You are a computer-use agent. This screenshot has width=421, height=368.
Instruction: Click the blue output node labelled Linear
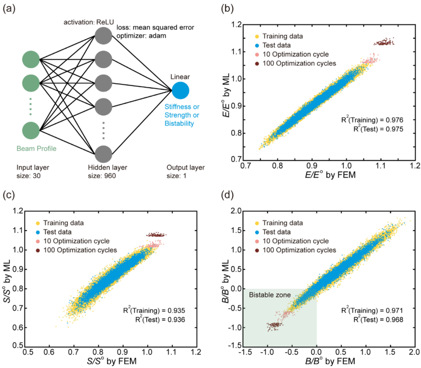(181, 90)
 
